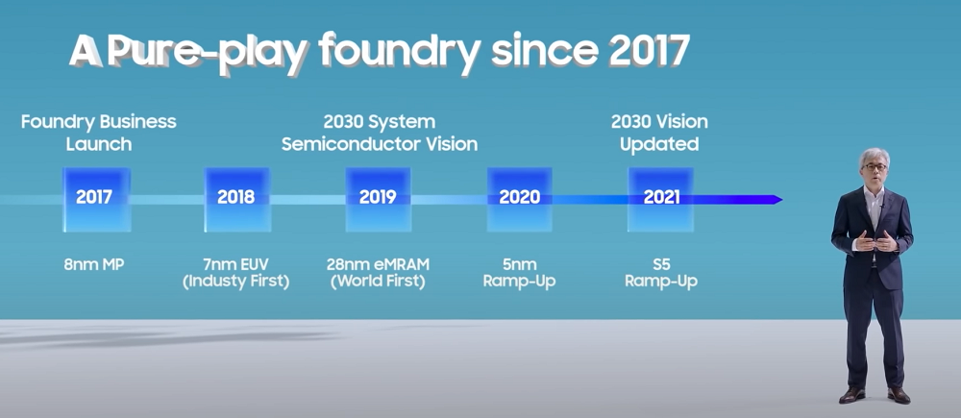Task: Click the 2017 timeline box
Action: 96,200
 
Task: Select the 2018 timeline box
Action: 237,200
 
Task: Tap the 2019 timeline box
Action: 378,200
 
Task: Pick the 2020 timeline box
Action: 520,200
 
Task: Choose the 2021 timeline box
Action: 661,200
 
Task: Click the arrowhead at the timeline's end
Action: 778,200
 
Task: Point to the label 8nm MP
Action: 94,265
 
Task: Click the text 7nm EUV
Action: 236,265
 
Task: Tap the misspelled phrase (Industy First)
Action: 236,282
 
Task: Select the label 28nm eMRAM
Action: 378,265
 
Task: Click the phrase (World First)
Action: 378,282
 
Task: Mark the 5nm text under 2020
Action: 519,265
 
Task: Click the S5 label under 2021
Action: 661,265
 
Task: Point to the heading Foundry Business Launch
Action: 99,133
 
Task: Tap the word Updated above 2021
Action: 659,145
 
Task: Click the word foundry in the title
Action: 399,52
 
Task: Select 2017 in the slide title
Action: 649,52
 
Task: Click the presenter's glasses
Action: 874,166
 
